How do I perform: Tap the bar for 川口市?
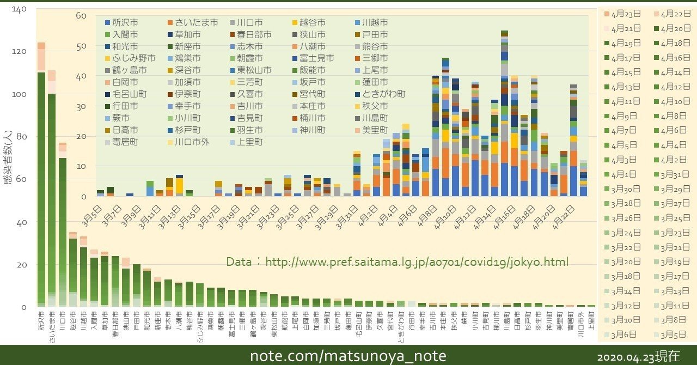[x=63, y=229]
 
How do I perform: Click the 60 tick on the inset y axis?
[x=81, y=15]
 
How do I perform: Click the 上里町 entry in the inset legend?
[x=248, y=142]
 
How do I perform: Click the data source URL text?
[x=397, y=262]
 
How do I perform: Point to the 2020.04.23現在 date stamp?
[x=638, y=357]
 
